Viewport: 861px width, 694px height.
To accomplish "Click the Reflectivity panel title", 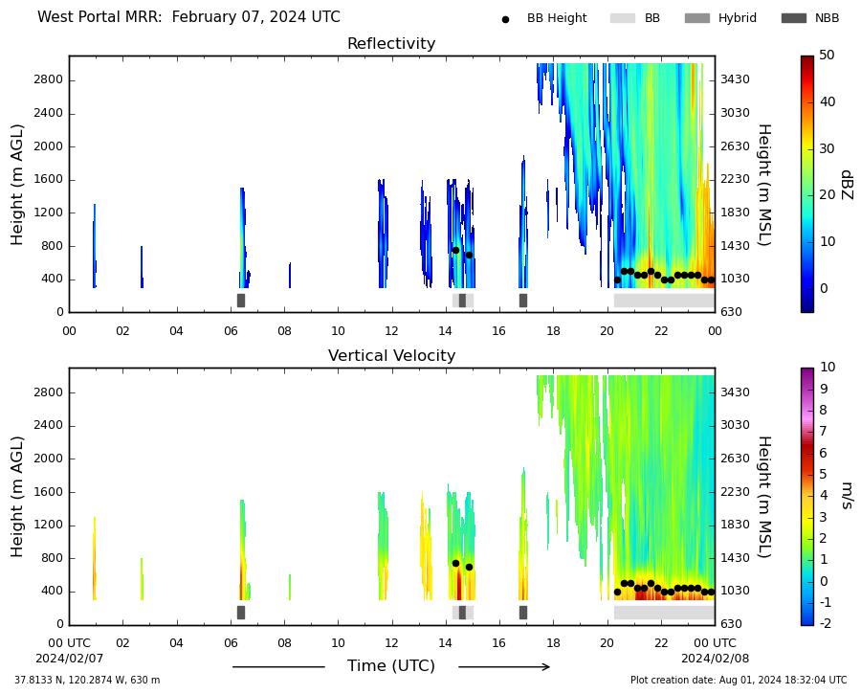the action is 391,43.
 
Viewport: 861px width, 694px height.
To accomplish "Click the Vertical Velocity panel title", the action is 391,355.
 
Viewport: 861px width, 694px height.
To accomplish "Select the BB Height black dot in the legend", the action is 505,19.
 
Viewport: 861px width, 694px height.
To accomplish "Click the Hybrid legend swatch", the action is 697,18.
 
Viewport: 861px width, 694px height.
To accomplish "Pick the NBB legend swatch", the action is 794,18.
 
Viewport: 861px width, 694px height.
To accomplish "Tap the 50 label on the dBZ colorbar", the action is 827,55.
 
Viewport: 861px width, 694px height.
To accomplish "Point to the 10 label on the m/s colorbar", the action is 827,367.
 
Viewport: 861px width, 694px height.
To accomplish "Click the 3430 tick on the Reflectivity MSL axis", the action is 735,79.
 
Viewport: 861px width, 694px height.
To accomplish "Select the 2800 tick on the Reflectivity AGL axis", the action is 49,79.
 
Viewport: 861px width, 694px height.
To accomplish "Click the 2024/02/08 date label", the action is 715,659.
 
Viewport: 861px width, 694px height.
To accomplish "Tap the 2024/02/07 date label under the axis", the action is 69,659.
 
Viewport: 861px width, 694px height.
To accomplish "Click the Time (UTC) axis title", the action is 391,666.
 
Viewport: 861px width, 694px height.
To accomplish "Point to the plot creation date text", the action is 739,681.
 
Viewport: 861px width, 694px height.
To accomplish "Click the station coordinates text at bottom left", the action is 87,681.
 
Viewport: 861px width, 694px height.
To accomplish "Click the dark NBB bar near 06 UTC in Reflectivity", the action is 241,301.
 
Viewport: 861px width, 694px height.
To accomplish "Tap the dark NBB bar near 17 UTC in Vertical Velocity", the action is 523,613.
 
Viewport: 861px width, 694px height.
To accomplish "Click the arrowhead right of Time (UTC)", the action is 546,667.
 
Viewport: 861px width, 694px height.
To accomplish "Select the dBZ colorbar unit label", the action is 847,185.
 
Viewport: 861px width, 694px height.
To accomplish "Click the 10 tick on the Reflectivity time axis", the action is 338,331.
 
